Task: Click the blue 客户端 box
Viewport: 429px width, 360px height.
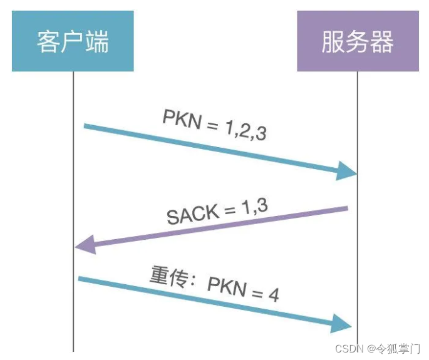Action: tap(73, 41)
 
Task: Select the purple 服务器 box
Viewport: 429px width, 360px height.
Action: tap(358, 41)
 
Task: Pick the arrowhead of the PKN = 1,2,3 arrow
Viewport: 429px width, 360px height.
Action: tap(347, 170)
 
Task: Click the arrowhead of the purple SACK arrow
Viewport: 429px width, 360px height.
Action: tap(85, 244)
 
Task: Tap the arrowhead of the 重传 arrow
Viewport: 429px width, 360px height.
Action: tap(341, 323)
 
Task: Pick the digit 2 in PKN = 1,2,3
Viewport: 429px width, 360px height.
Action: tap(241, 130)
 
